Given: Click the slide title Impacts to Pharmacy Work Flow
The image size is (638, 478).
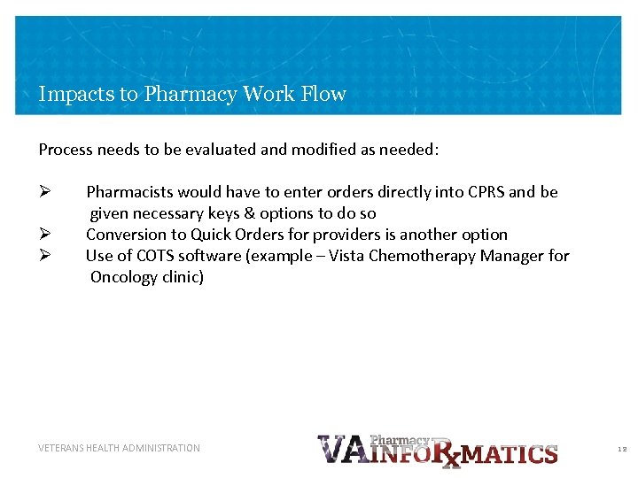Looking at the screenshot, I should [192, 94].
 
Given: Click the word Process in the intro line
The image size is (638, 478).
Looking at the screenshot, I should [66, 150].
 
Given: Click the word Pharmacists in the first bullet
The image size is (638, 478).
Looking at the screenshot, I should [129, 192].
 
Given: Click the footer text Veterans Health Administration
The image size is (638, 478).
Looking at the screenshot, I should [120, 448].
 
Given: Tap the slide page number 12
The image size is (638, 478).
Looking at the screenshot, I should [621, 449].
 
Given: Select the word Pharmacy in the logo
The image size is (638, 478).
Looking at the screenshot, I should [400, 439].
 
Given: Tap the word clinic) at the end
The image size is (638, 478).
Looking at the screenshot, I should [183, 277].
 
